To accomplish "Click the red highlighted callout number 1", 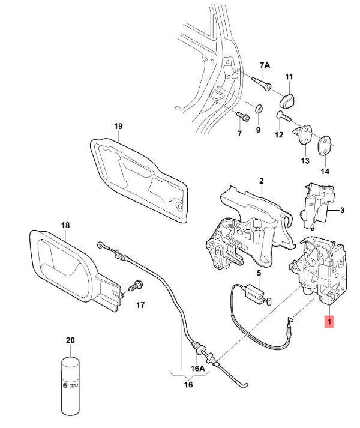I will pyautogui.click(x=328, y=322).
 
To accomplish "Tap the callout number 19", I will pyautogui.click(x=118, y=126).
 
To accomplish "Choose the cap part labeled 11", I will pyautogui.click(x=289, y=98).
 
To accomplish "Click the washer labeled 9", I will pyautogui.click(x=259, y=109).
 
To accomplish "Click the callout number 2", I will pyautogui.click(x=262, y=180).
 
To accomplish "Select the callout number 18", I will pyautogui.click(x=65, y=225).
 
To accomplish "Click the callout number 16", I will pyautogui.click(x=188, y=384).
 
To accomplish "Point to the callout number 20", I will pyautogui.click(x=70, y=340).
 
